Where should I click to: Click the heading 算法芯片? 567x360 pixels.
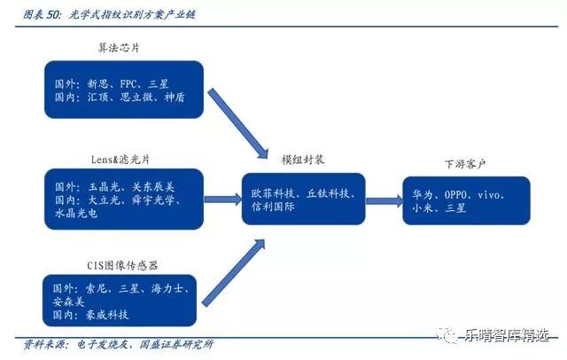pyautogui.click(x=119, y=48)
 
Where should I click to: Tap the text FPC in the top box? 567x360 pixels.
pyautogui.click(x=128, y=84)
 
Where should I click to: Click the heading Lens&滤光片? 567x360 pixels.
pyautogui.click(x=120, y=160)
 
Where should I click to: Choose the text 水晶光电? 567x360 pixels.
pyautogui.click(x=76, y=213)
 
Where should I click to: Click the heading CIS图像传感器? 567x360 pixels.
pyautogui.click(x=122, y=266)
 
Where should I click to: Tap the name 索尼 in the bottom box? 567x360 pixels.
pyautogui.click(x=96, y=289)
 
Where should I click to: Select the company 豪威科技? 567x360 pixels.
pyautogui.click(x=107, y=315)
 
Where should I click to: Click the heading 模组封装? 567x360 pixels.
pyautogui.click(x=303, y=160)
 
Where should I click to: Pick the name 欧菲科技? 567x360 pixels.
pyautogui.click(x=273, y=193)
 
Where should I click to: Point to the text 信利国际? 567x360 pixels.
pyautogui.click(x=273, y=207)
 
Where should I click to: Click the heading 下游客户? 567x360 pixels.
pyautogui.click(x=464, y=164)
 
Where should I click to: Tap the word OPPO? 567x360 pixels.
pyautogui.click(x=455, y=195)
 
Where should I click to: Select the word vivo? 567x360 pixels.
pyautogui.click(x=488, y=195)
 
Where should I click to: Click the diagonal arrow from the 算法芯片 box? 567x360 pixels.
pyautogui.click(x=238, y=124)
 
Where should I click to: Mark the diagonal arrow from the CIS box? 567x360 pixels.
pyautogui.click(x=234, y=273)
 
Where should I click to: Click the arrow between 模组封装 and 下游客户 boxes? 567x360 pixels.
pyautogui.click(x=384, y=200)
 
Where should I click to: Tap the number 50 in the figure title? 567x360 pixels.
pyautogui.click(x=53, y=15)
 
